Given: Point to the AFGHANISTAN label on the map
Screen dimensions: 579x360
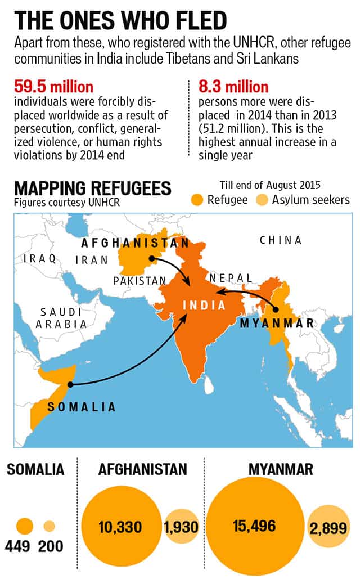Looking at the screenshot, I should [x=135, y=243].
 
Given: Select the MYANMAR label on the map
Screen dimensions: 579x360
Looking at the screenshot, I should [x=276, y=324].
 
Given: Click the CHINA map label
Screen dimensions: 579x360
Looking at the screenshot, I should [x=280, y=240].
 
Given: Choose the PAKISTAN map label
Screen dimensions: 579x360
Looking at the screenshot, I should [x=139, y=280].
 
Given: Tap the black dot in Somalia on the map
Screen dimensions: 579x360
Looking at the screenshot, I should [x=70, y=385].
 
